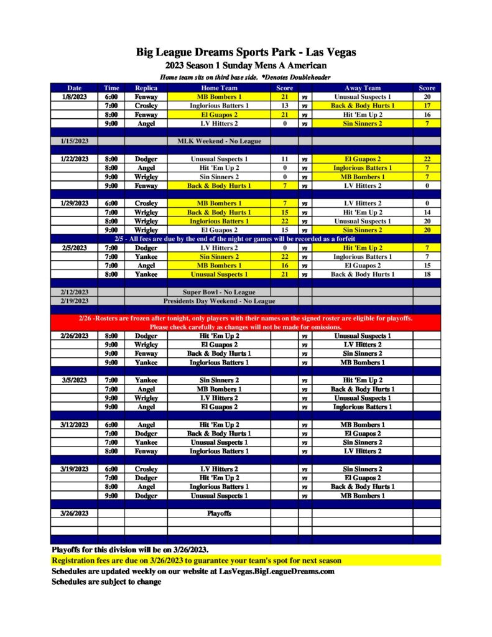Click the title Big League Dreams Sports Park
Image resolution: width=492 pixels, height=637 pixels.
pos(246,52)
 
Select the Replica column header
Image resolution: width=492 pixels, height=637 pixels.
pos(146,88)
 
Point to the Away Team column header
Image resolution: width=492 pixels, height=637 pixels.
pos(363,88)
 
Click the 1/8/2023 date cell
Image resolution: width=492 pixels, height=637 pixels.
pos(75,97)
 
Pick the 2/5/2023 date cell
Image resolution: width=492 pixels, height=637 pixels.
pos(75,248)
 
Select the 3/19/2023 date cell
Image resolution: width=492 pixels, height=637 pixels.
pos(75,469)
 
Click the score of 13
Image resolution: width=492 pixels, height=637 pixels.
pos(284,106)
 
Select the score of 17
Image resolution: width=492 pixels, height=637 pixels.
pos(427,106)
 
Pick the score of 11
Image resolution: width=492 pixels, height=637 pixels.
pos(284,159)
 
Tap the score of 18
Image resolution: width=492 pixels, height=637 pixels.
pos(427,274)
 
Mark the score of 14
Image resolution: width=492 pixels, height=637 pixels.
pos(427,212)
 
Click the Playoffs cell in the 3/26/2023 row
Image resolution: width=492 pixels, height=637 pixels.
pos(219,514)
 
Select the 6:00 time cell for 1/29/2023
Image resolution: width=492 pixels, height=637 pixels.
pos(111,203)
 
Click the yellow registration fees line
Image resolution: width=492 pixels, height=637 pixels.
pos(197,560)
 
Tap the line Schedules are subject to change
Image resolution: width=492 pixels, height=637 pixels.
pos(106,582)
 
